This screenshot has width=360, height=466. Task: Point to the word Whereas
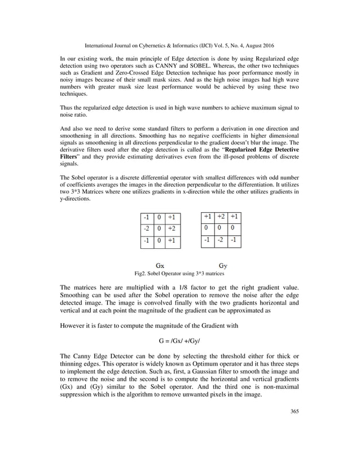point(229,67)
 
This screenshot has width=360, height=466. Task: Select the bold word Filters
point(69,155)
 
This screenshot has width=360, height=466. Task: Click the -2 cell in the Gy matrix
point(221,241)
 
